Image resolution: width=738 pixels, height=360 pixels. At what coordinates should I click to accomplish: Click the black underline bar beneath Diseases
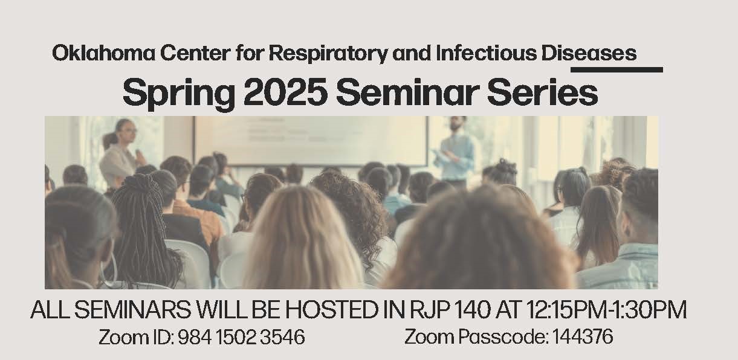[617, 69]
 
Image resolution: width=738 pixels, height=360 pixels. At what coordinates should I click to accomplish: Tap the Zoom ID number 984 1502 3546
[241, 337]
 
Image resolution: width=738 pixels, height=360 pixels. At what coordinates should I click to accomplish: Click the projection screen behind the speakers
[311, 140]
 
